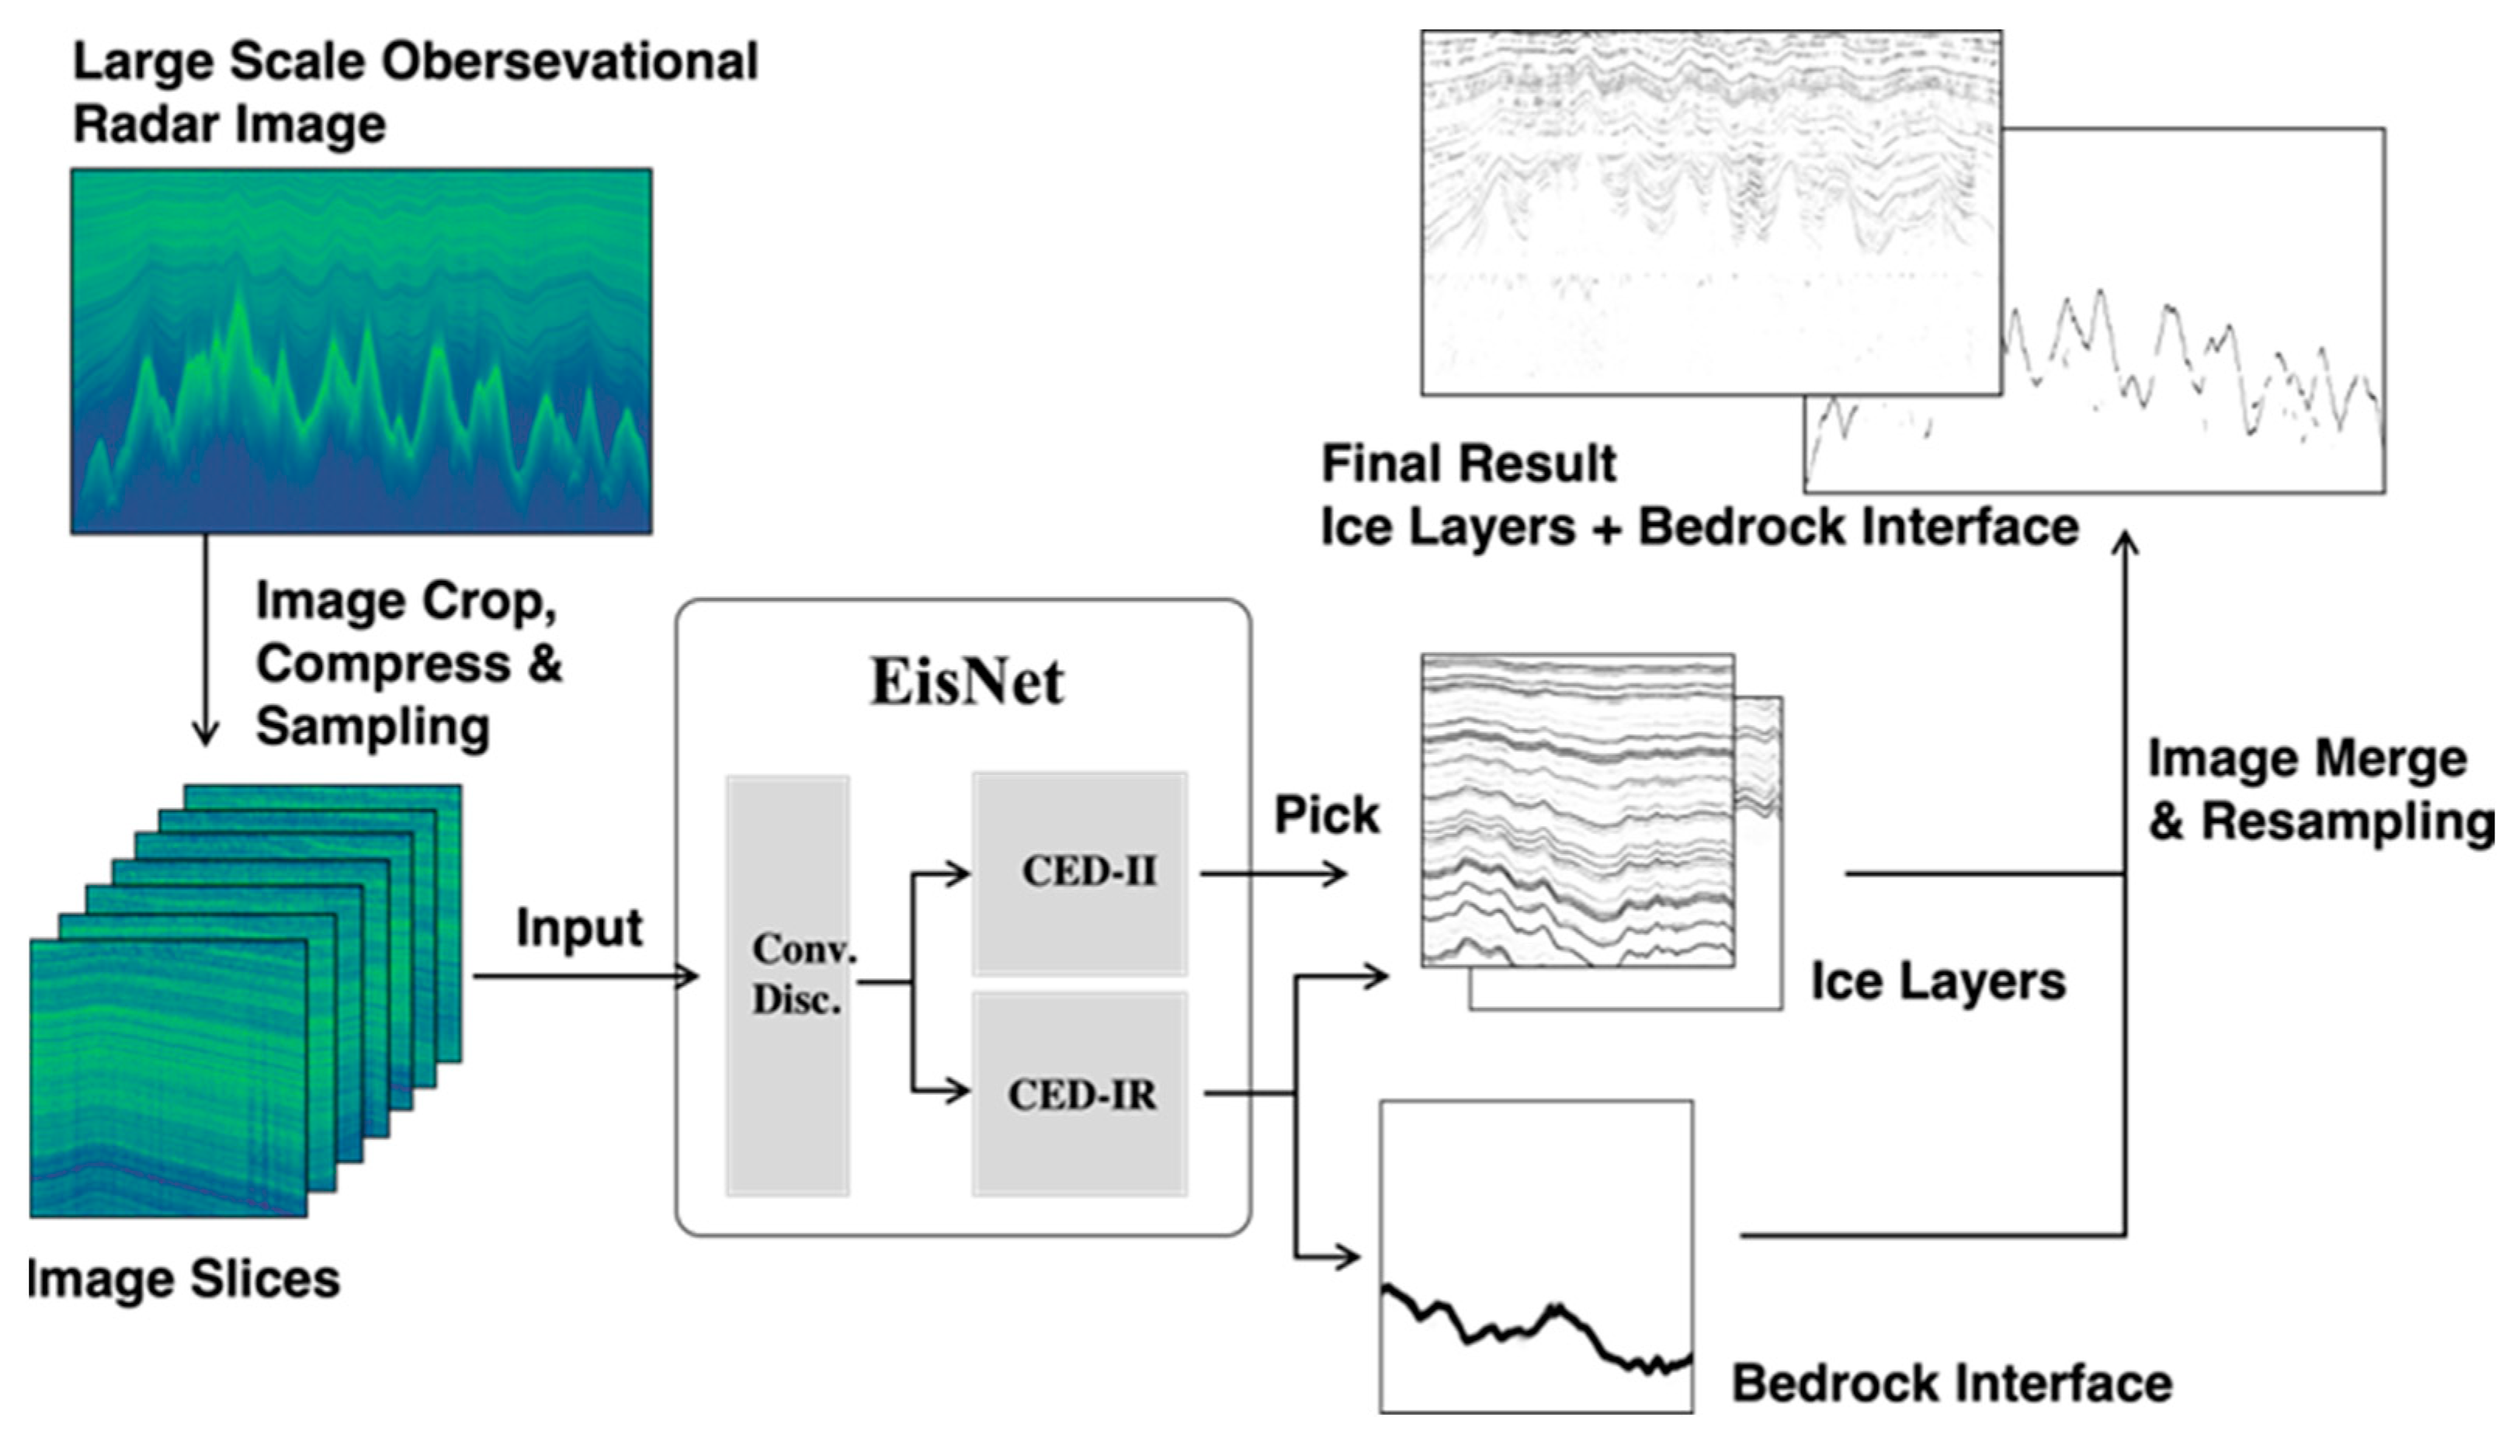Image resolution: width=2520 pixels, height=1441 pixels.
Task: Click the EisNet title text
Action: point(966,683)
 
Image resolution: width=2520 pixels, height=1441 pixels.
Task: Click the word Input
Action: point(579,929)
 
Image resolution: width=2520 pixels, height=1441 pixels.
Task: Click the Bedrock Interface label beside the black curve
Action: point(1951,1383)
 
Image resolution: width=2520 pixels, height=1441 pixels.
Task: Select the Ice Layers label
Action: point(1937,982)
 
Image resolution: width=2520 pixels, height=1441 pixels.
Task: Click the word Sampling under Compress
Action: point(373,727)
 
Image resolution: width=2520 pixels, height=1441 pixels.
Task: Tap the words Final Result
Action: point(1468,464)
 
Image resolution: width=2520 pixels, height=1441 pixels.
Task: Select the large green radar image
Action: point(361,352)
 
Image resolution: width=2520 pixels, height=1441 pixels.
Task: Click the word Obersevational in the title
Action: point(570,61)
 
